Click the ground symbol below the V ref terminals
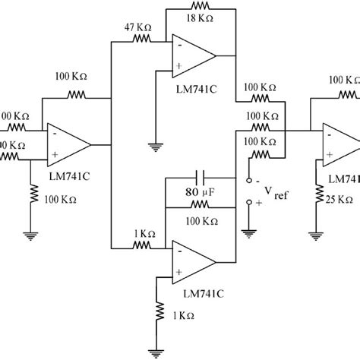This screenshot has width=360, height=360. [248, 234]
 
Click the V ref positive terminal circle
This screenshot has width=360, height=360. [248, 204]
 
